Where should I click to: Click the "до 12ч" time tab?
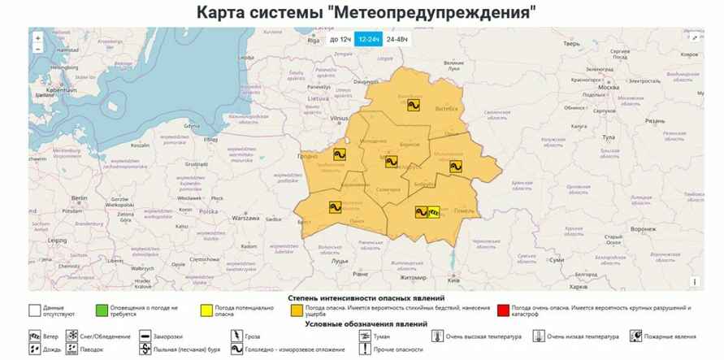click(x=340, y=39)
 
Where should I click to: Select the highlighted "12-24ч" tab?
click(x=369, y=39)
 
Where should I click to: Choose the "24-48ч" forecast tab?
click(x=397, y=39)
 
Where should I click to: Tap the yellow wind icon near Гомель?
click(x=434, y=213)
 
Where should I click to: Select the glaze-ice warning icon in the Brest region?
click(x=335, y=206)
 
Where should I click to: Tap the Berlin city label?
click(x=79, y=198)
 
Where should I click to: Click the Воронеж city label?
click(x=642, y=229)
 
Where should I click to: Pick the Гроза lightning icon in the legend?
click(x=235, y=336)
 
